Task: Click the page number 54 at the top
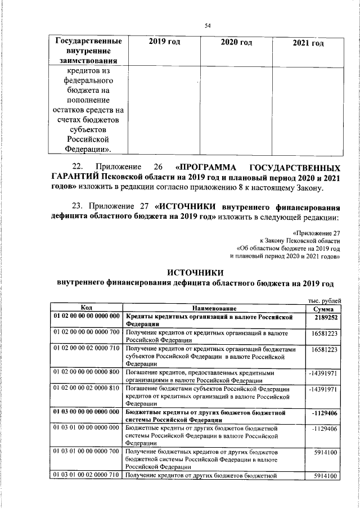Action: coord(208,25)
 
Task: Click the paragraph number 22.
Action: coord(78,167)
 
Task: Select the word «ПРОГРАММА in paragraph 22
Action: coord(212,167)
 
